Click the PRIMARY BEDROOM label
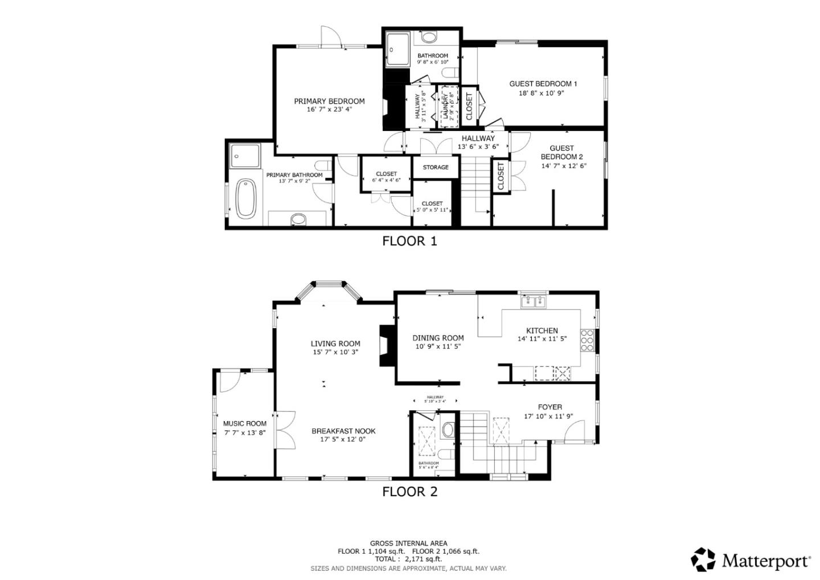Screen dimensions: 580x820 329,101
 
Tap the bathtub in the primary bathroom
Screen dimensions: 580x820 246,198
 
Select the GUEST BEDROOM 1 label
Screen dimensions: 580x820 543,84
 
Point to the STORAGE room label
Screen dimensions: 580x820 435,168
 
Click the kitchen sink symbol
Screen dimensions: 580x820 534,301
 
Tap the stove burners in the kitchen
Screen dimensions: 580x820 587,340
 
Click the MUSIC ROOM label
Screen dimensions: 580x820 244,423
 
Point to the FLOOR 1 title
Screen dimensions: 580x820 409,241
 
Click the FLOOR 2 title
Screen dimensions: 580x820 409,492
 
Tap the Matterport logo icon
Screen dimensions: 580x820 703,559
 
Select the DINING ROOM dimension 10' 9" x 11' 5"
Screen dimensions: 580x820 438,346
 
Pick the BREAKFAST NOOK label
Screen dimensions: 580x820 343,431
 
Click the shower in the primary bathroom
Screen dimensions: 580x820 244,156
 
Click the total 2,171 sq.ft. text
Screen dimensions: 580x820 408,559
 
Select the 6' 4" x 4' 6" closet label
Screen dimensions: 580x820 386,180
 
